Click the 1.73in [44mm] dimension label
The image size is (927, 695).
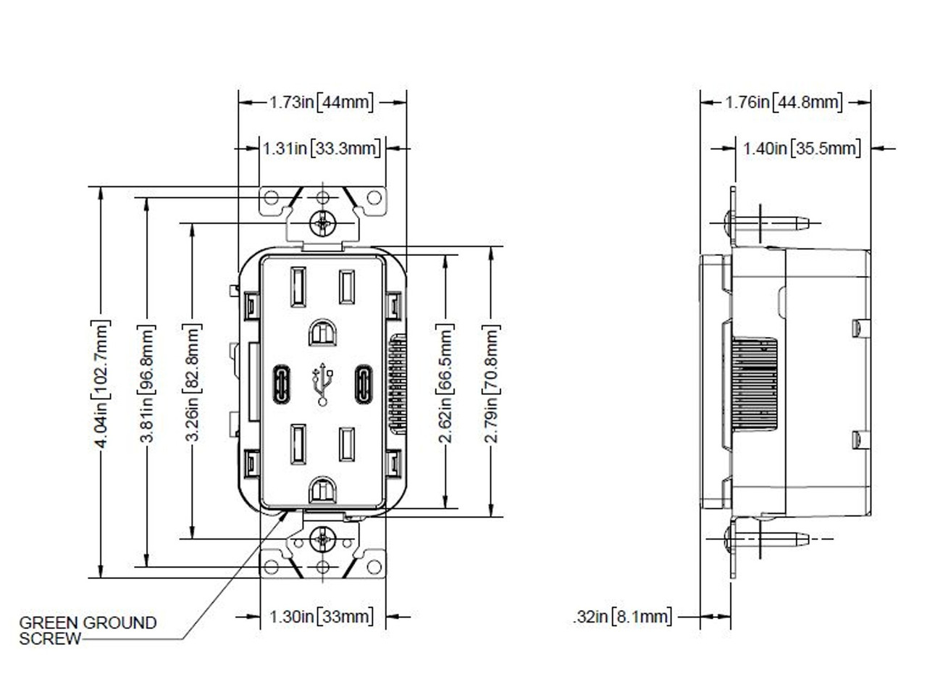click(x=322, y=102)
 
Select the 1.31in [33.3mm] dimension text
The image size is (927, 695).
click(x=322, y=149)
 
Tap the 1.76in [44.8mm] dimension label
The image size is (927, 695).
click(x=784, y=102)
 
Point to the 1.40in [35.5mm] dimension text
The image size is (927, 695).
click(x=802, y=149)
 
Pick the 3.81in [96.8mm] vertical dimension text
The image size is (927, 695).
click(x=147, y=383)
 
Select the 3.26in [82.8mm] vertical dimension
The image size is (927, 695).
click(x=193, y=383)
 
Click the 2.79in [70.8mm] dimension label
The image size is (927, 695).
click(x=491, y=383)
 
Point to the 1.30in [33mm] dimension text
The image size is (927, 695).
click(x=322, y=617)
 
